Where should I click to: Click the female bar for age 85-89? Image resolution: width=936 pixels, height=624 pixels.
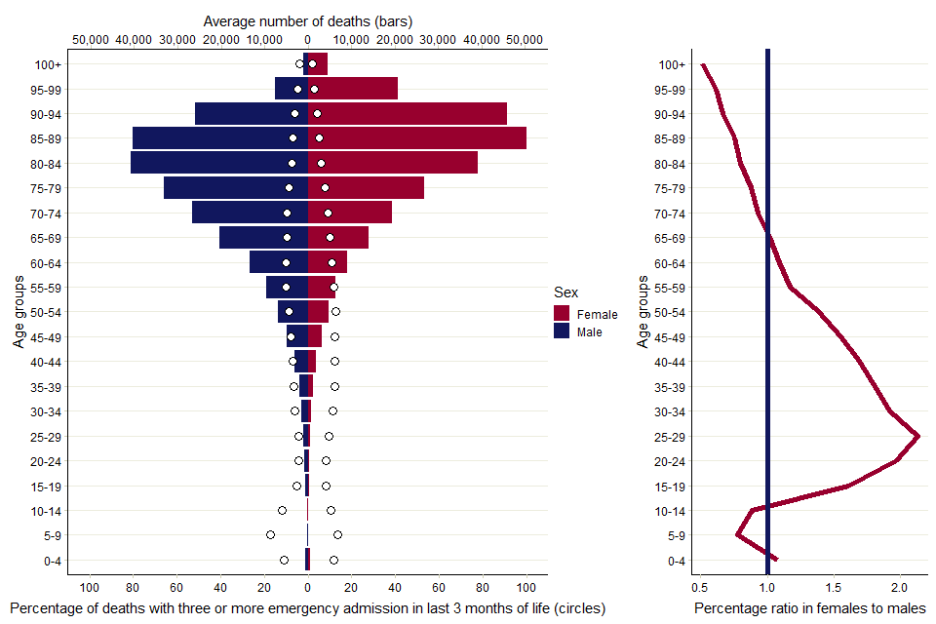[x=417, y=138]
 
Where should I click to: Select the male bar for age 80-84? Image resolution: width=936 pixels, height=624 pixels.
[x=219, y=163]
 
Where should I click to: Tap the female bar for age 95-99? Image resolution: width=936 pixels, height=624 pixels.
[x=353, y=89]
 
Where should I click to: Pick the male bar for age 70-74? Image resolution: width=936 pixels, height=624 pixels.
[x=250, y=213]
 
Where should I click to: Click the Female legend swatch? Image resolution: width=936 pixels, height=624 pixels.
[x=562, y=314]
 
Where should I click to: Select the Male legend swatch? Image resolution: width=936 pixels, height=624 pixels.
[x=562, y=331]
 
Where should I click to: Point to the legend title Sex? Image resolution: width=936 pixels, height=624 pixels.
[x=565, y=292]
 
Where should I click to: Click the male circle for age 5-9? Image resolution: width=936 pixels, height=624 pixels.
[x=270, y=534]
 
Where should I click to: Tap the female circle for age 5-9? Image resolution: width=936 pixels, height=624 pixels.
[x=337, y=534]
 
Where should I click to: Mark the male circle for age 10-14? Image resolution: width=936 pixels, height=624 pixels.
[x=282, y=510]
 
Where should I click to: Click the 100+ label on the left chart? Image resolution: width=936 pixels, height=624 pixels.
[x=45, y=64]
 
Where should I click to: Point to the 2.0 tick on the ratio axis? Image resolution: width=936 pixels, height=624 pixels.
[x=899, y=588]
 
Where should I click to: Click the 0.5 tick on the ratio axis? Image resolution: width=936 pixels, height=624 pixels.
[x=699, y=588]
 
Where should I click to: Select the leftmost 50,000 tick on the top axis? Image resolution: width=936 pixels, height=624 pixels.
[x=91, y=39]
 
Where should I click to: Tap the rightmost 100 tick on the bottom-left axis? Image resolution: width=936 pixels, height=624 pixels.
[x=526, y=588]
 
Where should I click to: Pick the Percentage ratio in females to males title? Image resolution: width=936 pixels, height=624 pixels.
[x=809, y=608]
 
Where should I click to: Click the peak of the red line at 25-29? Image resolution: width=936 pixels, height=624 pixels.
[x=917, y=436]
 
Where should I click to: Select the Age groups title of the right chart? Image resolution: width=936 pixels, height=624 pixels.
[x=643, y=312]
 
